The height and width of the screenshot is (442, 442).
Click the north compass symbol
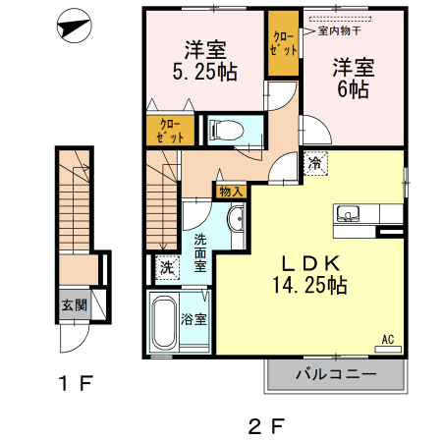(x=74, y=26)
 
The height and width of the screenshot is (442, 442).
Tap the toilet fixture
(x=227, y=130)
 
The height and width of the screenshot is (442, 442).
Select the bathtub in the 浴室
(x=164, y=321)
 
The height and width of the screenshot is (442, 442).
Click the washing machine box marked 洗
(x=167, y=267)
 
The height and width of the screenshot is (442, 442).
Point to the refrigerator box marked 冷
(x=315, y=163)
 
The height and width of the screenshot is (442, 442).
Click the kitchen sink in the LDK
(x=348, y=213)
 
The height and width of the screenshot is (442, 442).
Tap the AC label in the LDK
(x=388, y=340)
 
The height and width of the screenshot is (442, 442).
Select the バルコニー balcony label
(x=336, y=374)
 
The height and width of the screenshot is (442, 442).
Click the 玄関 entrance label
(x=75, y=305)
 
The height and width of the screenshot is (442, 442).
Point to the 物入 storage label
(x=232, y=192)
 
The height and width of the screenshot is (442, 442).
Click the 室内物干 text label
(x=340, y=31)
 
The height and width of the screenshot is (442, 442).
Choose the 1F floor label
(x=76, y=383)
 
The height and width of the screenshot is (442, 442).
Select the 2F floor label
(x=266, y=426)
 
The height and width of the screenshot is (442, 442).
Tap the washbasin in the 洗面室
(x=236, y=219)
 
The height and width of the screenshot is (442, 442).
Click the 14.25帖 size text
(x=309, y=285)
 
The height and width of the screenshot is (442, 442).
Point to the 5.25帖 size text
(x=205, y=72)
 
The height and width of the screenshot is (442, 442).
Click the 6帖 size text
(x=354, y=89)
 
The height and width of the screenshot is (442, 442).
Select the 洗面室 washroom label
(x=200, y=253)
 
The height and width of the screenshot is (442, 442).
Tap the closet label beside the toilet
(x=170, y=131)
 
